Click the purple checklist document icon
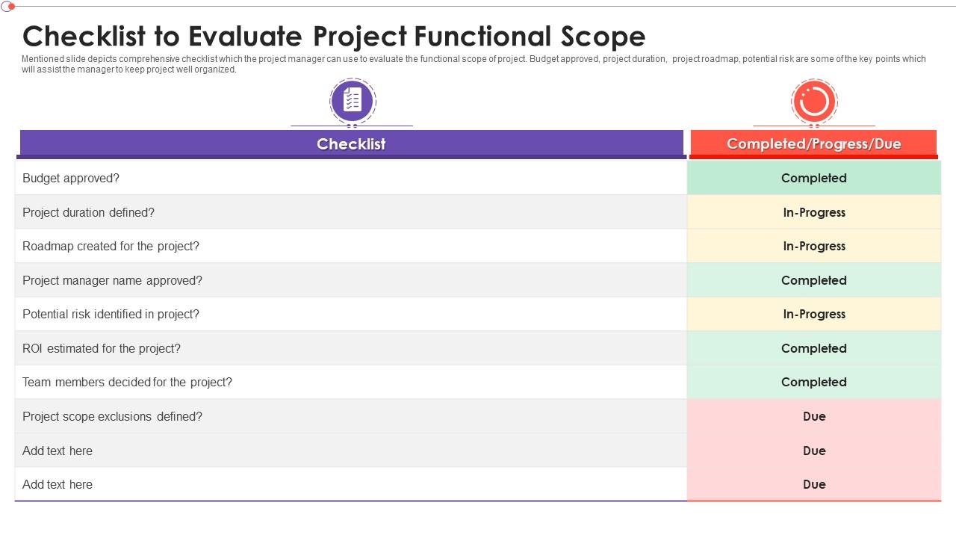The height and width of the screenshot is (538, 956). [x=353, y=100]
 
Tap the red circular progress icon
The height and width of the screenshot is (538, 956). [x=813, y=101]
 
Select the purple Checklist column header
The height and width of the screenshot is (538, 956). [x=351, y=143]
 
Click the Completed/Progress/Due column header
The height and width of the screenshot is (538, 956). [x=813, y=143]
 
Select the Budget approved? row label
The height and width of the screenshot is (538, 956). [x=71, y=178]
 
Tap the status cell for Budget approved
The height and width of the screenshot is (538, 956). [x=813, y=178]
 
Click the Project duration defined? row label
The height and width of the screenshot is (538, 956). [x=88, y=212]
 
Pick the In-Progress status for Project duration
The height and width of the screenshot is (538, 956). [x=813, y=212]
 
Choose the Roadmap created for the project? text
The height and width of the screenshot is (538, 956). [x=111, y=246]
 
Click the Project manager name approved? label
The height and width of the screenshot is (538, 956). [x=112, y=280]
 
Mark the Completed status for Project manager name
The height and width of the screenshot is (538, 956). [x=813, y=280]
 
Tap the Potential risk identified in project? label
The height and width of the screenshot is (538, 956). [x=111, y=314]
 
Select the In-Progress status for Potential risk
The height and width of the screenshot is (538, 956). [x=813, y=314]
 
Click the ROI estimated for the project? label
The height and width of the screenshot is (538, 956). [x=102, y=348]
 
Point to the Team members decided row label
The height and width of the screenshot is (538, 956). [x=127, y=382]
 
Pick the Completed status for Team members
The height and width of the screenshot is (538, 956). [x=813, y=382]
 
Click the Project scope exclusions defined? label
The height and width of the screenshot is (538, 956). [x=112, y=416]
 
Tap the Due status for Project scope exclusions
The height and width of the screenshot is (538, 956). [x=813, y=416]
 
